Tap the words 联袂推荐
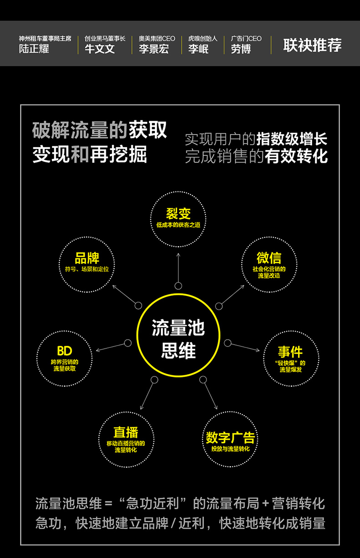coord(312,45)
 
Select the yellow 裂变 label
coord(178,213)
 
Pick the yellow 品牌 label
coord(87,258)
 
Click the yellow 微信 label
coord(269,258)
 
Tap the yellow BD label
coord(64,351)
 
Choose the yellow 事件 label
coord(290,352)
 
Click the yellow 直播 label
coord(126,432)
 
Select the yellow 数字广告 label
coord(230,438)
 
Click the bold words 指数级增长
coord(292,139)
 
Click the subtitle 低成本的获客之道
coord(178,225)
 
